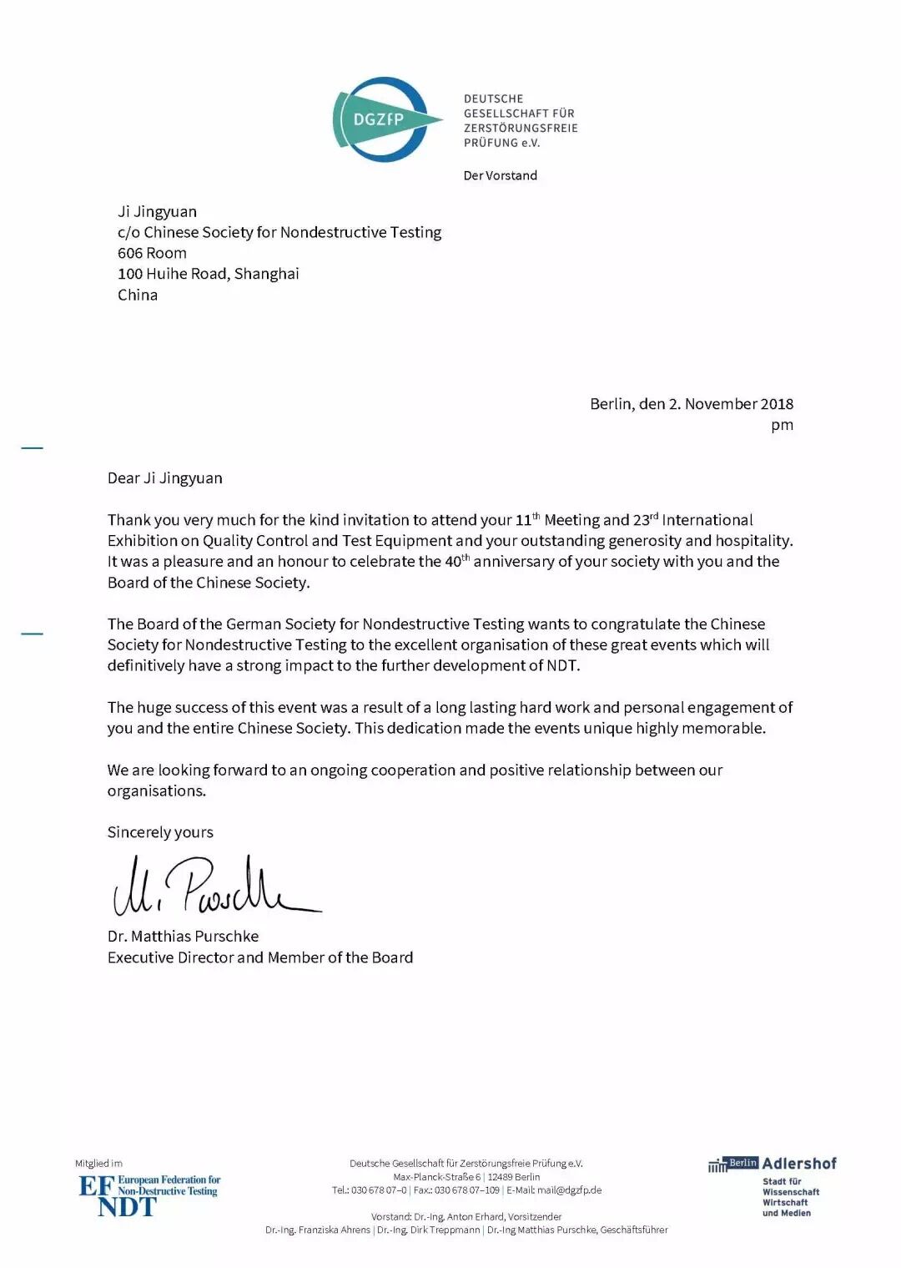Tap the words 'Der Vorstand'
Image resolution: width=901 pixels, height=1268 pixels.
500,175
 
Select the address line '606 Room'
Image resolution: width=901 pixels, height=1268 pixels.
152,253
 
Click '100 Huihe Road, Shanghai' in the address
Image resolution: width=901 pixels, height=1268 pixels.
208,274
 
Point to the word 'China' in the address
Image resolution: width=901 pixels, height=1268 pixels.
138,295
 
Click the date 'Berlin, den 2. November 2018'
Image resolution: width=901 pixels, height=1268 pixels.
692,404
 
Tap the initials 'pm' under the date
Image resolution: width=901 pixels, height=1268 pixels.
782,425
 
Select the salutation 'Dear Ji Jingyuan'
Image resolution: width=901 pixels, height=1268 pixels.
164,478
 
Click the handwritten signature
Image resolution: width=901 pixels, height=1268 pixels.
213,887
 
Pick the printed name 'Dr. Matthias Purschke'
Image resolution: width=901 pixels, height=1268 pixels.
183,937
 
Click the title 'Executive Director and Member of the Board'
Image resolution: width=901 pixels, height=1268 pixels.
259,957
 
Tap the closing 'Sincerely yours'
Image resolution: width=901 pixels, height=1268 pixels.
160,832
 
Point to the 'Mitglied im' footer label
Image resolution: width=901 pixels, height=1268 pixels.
98,1163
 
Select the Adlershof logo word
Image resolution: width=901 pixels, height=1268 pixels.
799,1164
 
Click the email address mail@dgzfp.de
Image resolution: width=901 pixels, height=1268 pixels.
569,1190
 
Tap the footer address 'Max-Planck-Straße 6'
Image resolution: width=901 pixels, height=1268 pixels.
437,1177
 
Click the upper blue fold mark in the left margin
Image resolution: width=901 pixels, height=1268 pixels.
32,448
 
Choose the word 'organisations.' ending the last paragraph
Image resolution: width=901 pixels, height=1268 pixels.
156,791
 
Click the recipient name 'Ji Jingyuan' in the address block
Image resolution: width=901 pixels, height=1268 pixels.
157,212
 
